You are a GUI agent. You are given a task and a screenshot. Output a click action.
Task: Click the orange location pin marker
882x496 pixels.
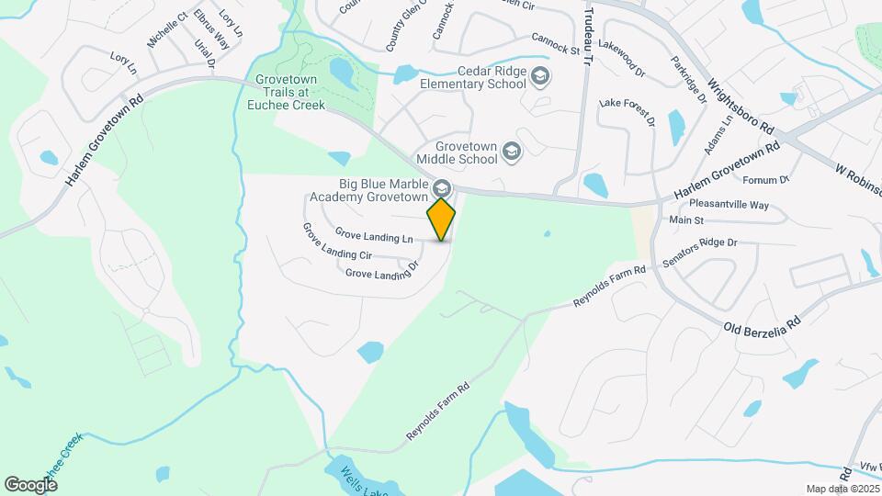tap(442, 218)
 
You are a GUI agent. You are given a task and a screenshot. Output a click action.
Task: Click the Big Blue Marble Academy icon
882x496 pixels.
tap(442, 187)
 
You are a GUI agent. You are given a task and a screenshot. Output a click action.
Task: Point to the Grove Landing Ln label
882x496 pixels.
tap(373, 236)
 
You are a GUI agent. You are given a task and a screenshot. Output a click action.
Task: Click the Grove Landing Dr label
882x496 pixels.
tap(381, 272)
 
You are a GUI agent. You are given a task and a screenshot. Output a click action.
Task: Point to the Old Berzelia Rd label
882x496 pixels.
tap(763, 323)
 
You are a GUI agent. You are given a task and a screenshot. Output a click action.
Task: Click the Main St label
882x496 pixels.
tap(686, 220)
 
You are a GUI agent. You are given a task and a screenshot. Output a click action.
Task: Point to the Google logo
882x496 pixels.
tap(30, 484)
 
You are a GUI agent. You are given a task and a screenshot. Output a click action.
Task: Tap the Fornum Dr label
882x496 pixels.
tap(771, 179)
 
